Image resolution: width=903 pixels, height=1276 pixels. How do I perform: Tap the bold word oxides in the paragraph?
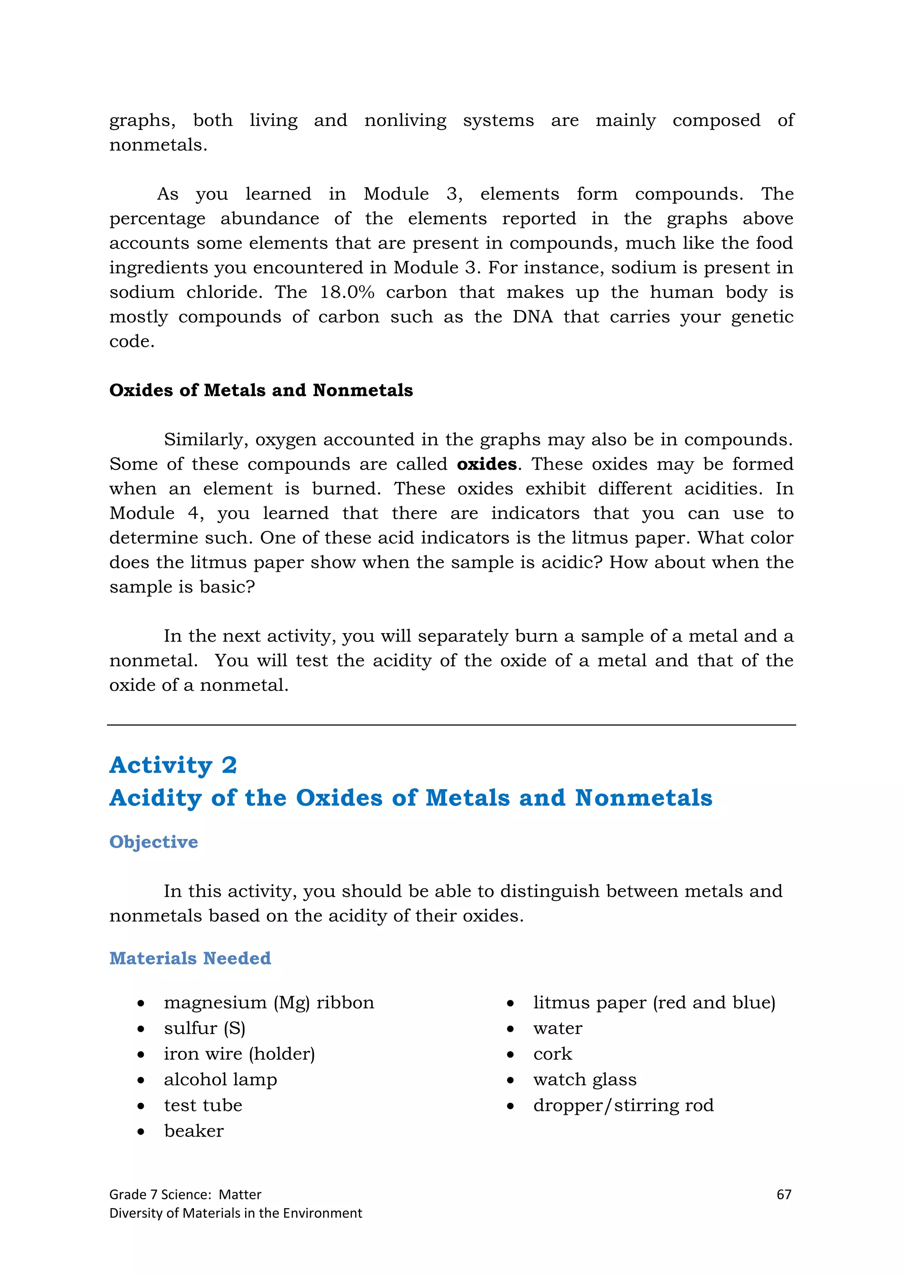(486, 464)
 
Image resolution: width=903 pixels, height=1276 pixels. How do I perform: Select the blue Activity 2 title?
(173, 765)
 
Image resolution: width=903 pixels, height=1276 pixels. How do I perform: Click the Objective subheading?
(153, 842)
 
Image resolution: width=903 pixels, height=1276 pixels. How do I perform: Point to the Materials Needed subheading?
(190, 958)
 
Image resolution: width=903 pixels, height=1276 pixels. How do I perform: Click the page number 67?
(784, 1194)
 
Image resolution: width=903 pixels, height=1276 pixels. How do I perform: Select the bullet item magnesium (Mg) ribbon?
(269, 1002)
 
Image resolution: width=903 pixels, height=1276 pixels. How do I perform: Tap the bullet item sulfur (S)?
(204, 1028)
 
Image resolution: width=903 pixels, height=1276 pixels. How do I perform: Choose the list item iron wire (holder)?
(239, 1053)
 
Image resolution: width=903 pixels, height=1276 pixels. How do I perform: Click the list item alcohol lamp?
(220, 1079)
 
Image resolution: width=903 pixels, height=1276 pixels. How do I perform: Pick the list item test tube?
(203, 1105)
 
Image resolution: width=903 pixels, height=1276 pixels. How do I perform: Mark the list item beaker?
(194, 1131)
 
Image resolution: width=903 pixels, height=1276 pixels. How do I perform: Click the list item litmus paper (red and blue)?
(654, 1002)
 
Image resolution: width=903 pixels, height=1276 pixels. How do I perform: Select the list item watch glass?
(584, 1079)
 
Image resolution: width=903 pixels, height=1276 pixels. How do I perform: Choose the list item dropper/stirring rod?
(623, 1105)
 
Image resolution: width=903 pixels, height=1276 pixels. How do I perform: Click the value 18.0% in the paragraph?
(347, 292)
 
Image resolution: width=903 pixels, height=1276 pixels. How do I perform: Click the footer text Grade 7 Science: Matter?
(185, 1194)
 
